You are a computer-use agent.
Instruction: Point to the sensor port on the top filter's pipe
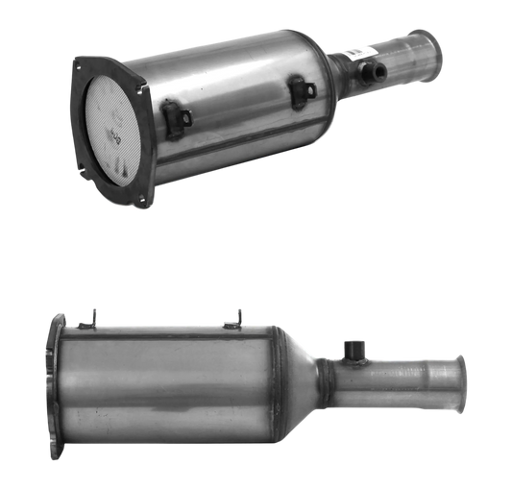pyautogui.click(x=368, y=70)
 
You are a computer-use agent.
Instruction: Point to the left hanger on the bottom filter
pyautogui.click(x=93, y=314)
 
